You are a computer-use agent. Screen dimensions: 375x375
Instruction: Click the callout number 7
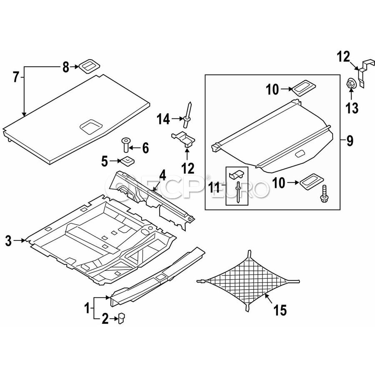[x=16, y=77]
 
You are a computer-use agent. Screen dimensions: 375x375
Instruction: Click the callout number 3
[x=8, y=240]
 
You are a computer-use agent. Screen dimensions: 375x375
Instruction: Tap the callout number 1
[x=87, y=309]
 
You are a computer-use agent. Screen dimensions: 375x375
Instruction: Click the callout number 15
[x=280, y=310]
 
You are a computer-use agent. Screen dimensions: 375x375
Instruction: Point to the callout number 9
[x=350, y=141]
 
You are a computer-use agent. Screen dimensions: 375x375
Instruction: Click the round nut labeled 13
[x=351, y=84]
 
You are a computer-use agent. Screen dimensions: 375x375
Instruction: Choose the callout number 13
[x=352, y=109]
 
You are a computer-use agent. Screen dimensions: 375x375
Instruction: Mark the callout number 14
[x=163, y=120]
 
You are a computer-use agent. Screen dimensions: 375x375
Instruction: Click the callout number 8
[x=65, y=67]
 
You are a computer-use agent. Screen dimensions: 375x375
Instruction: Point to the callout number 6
[x=145, y=147]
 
